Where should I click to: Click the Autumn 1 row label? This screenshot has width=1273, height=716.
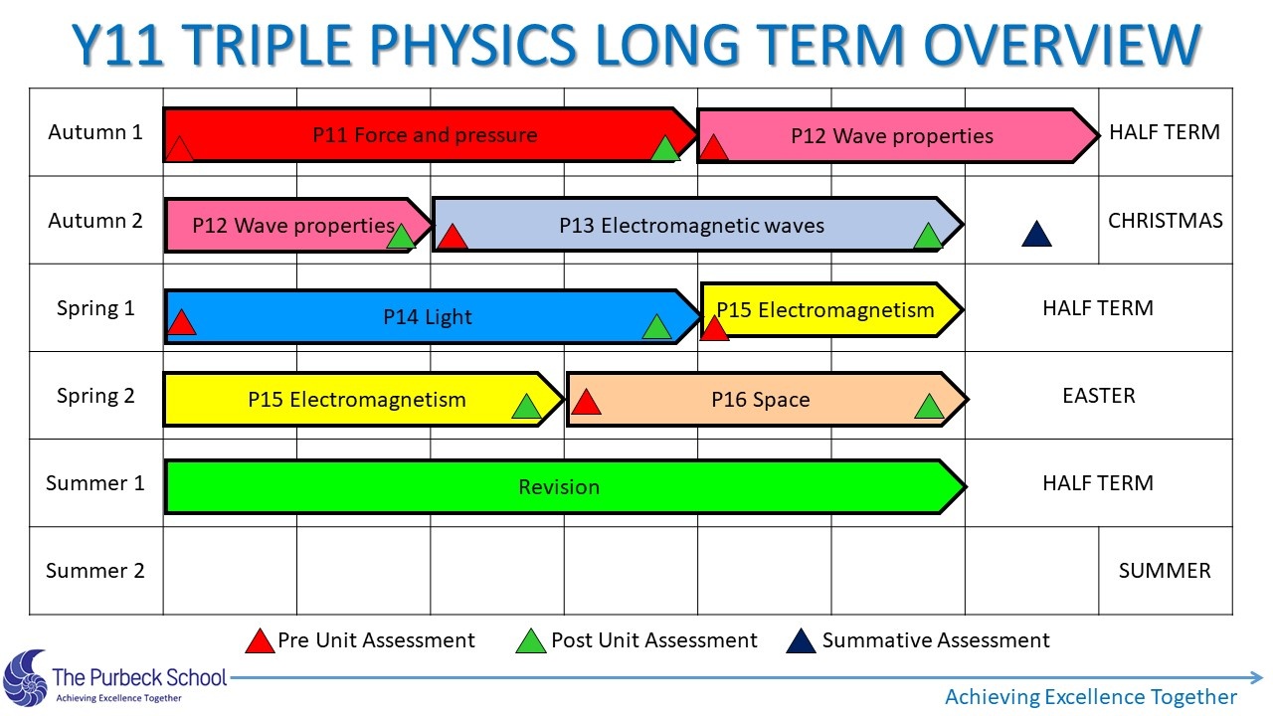(94, 132)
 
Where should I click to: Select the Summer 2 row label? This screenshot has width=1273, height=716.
(94, 570)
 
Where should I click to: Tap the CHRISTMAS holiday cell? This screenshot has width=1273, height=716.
(1165, 220)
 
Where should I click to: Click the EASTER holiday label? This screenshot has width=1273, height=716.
(1099, 395)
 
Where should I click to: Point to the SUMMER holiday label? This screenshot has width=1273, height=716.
(1165, 570)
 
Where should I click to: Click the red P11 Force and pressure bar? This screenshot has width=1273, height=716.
(431, 134)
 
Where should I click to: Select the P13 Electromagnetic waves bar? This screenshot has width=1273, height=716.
(698, 225)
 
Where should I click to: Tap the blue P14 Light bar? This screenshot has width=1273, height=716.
(433, 316)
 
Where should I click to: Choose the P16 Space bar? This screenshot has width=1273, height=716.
(767, 399)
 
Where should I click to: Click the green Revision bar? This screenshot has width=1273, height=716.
(566, 487)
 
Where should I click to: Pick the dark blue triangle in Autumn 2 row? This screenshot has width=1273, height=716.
(1036, 234)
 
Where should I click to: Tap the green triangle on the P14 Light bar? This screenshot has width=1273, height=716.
(656, 327)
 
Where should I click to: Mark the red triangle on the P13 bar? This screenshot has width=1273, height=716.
(453, 237)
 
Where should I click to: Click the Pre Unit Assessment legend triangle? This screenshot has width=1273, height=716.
(260, 641)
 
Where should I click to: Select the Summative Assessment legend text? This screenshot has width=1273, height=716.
(936, 639)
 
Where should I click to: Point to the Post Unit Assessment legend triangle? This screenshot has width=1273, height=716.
(531, 641)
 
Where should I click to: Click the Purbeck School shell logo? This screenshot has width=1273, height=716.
(25, 678)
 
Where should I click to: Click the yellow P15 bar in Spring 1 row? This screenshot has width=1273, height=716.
(831, 309)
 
